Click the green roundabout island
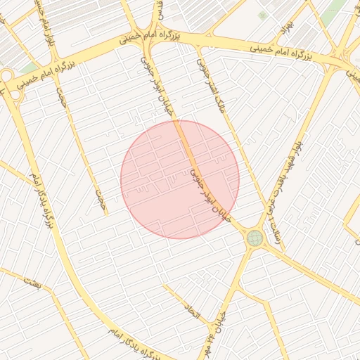coord(254,238)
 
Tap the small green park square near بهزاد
coord(262,15)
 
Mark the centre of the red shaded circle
coord(180,179)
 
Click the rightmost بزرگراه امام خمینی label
coord(281,50)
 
